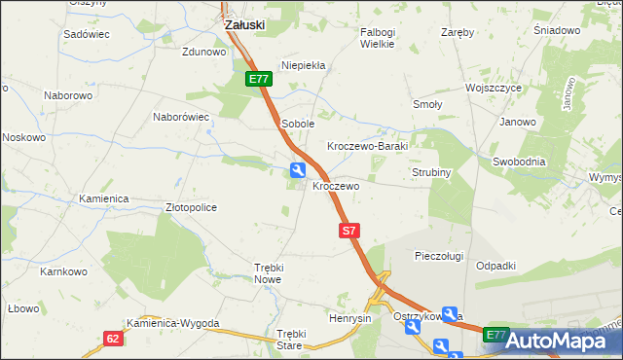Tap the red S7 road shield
pyautogui.click(x=350, y=231)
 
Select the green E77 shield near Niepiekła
pyautogui.click(x=257, y=79)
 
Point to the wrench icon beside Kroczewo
pyautogui.click(x=296, y=170)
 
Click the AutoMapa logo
pyautogui.click(x=563, y=341)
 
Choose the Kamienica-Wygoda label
pyautogui.click(x=173, y=323)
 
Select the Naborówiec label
pyautogui.click(x=182, y=117)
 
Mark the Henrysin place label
pyautogui.click(x=350, y=318)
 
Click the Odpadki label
pyautogui.click(x=495, y=266)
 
